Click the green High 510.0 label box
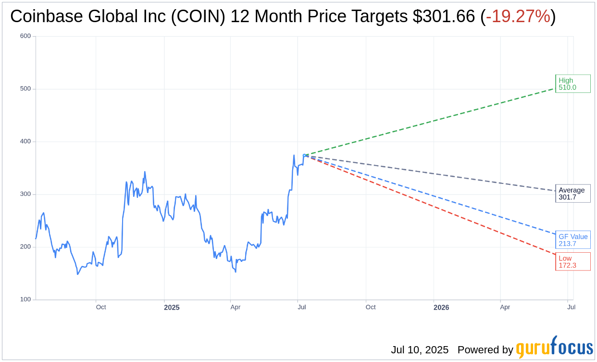[x=572, y=84]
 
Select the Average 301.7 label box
[x=572, y=194]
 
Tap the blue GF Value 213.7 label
[x=572, y=240]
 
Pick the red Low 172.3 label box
[x=572, y=261]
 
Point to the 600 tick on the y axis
[x=25, y=36]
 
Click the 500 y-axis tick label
[x=25, y=89]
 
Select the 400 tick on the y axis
[x=25, y=142]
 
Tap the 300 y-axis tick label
[x=25, y=194]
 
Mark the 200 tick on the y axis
[x=25, y=246]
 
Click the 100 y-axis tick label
[x=25, y=299]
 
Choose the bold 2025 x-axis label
[x=172, y=307]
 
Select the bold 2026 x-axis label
[x=441, y=307]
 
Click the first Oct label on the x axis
[x=101, y=307]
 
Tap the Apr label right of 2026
[x=505, y=307]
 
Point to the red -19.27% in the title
[x=518, y=16]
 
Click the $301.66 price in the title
[x=444, y=16]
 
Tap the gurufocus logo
[x=554, y=348]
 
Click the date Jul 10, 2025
[x=420, y=350]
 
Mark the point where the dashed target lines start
[x=304, y=155]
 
